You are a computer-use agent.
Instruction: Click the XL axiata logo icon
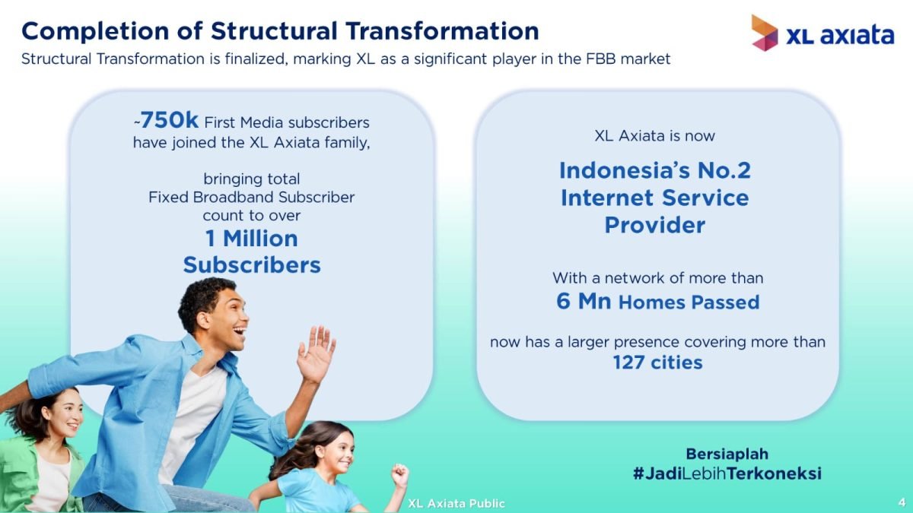(765, 33)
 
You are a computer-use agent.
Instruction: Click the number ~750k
(167, 121)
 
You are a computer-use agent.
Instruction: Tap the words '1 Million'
(252, 239)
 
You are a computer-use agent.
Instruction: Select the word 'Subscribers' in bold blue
(252, 265)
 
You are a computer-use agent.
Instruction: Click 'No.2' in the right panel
(724, 170)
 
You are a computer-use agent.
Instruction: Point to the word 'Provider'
(654, 225)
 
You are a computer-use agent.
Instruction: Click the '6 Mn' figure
(584, 301)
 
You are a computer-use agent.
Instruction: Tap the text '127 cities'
(658, 363)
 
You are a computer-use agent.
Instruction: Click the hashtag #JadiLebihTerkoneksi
(727, 473)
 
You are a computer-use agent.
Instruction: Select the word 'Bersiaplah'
(727, 454)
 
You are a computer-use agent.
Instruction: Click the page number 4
(902, 502)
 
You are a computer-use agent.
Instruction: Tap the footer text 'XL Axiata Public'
(456, 504)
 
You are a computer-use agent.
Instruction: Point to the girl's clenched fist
(400, 475)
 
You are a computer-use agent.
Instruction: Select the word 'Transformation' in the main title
(442, 31)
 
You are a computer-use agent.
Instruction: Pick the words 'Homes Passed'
(689, 302)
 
